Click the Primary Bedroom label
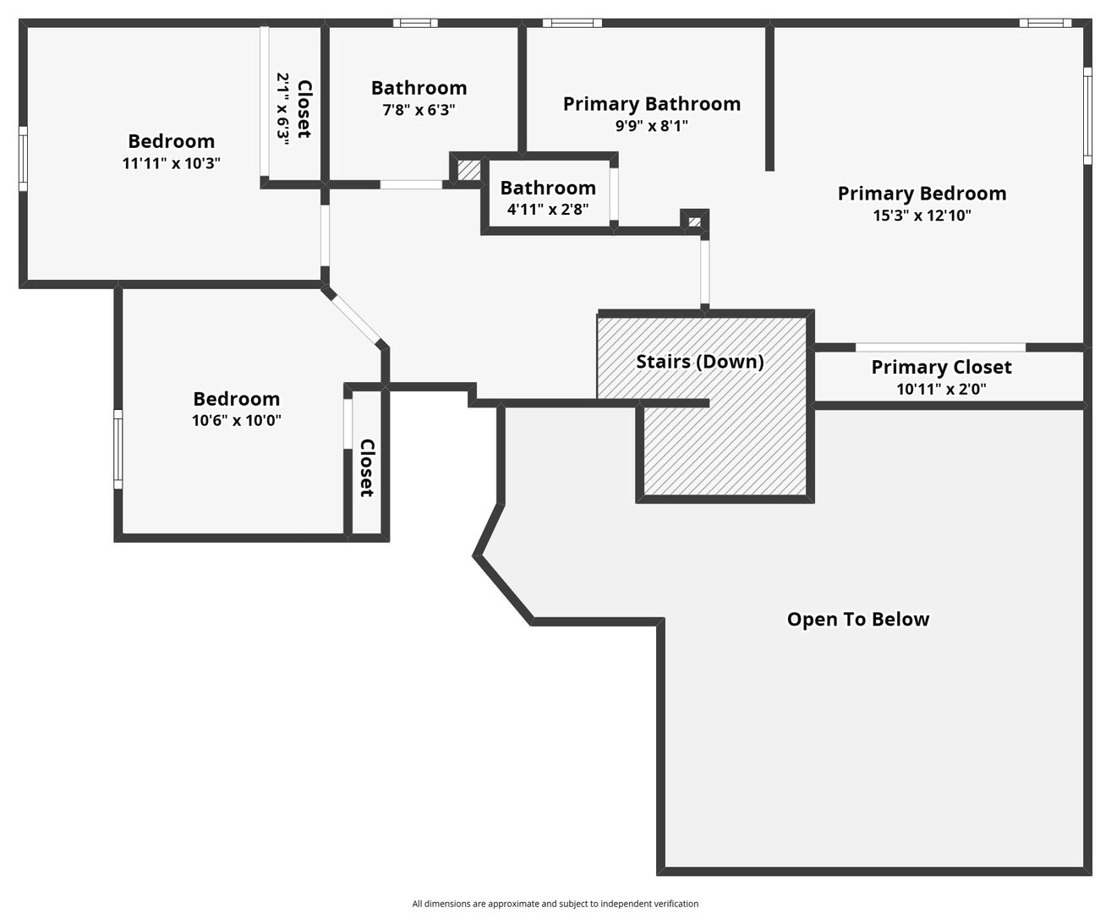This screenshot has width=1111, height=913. click(x=922, y=194)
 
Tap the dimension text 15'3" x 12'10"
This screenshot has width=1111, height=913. click(x=922, y=216)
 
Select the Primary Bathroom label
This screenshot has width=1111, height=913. click(x=651, y=104)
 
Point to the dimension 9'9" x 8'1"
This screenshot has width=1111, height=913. click(x=651, y=126)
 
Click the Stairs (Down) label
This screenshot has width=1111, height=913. click(x=700, y=362)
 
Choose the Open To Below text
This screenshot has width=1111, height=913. click(x=858, y=620)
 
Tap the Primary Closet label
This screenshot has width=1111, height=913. click(x=941, y=367)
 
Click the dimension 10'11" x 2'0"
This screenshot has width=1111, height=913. click(x=941, y=390)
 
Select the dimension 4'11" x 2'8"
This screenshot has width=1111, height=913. click(x=548, y=209)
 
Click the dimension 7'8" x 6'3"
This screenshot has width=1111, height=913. click(x=419, y=110)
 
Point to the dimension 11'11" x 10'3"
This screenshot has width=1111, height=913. click(x=172, y=163)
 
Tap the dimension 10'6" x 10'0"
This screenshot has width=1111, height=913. click(x=236, y=420)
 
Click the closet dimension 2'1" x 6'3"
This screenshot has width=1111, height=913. click(x=283, y=110)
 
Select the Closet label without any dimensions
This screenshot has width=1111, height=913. click(x=367, y=467)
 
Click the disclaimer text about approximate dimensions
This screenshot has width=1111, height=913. click(x=555, y=904)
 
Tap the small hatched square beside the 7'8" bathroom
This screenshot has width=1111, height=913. click(x=468, y=169)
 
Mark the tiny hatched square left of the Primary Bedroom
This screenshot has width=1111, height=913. click(x=694, y=221)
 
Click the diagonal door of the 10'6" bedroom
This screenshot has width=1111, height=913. click(x=354, y=319)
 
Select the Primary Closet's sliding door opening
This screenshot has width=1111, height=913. click(x=940, y=347)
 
